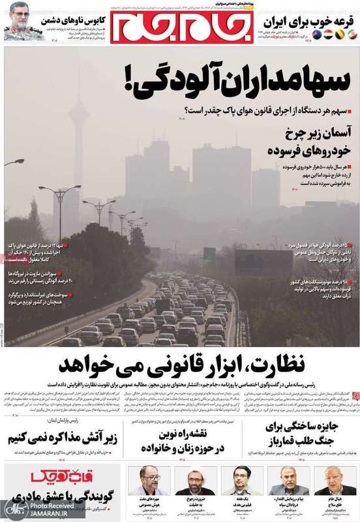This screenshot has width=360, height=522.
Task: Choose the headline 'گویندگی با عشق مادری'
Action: coord(63,495)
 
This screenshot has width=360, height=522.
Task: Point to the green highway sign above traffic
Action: coord(209,253)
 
